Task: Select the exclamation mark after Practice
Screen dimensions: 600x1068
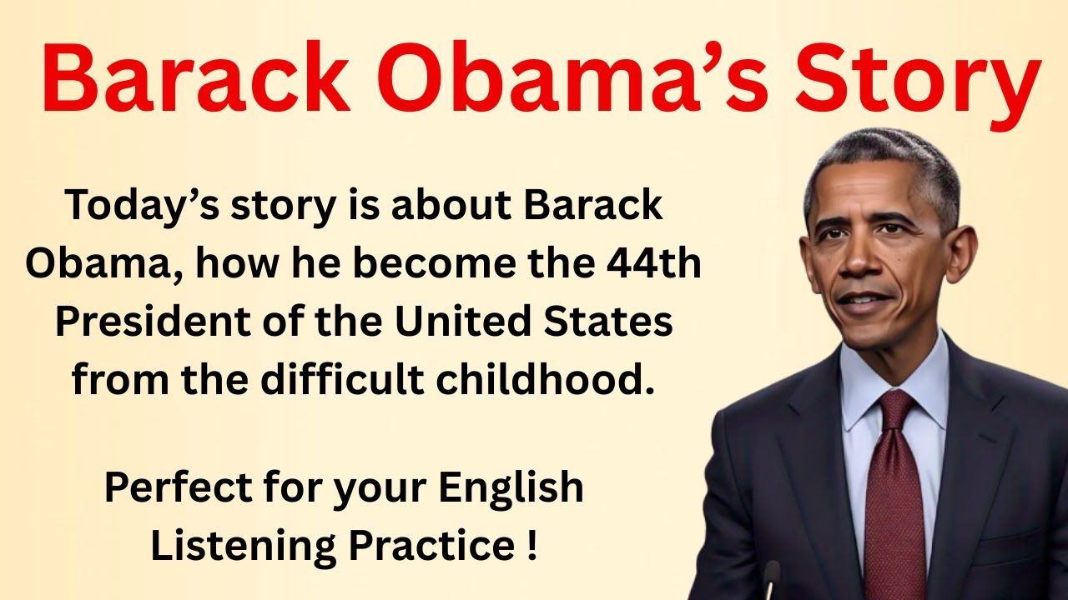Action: click(531, 546)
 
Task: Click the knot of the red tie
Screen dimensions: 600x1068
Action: click(895, 408)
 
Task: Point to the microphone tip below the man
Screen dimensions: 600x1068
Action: click(772, 572)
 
